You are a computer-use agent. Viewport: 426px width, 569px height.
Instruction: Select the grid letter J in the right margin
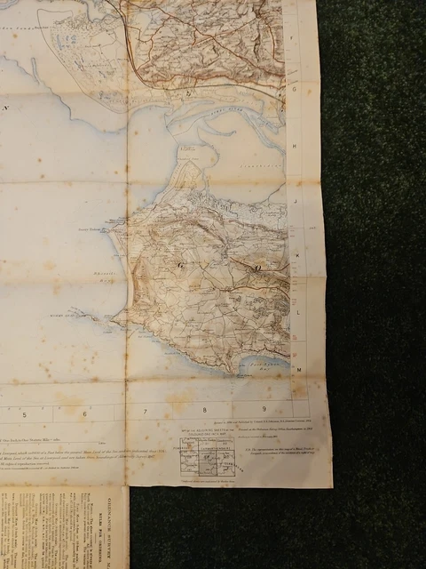point(296,201)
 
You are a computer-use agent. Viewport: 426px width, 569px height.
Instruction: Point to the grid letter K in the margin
point(297,256)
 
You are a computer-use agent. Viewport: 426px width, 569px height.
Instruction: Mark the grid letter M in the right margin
point(299,367)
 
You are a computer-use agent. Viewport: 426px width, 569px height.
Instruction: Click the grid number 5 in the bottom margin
point(26,413)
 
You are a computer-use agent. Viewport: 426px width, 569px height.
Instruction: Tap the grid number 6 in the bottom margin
point(85,413)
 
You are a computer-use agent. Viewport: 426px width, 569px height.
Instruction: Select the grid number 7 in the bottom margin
point(145,412)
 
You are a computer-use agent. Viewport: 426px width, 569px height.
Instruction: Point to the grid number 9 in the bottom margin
point(264,410)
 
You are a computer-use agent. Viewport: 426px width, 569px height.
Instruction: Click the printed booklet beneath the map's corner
point(62,529)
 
